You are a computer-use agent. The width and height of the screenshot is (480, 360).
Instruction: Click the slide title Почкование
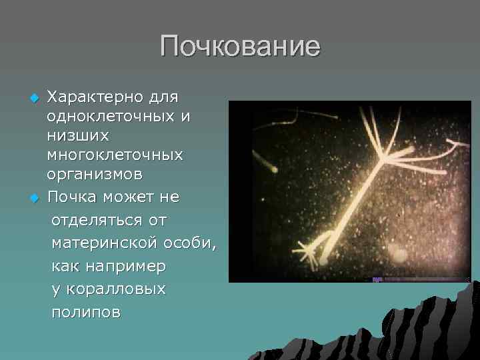pos(240,47)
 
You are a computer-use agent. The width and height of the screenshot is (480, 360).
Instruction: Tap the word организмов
pos(93,175)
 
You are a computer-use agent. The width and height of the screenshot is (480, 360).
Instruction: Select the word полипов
pos(86,313)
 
